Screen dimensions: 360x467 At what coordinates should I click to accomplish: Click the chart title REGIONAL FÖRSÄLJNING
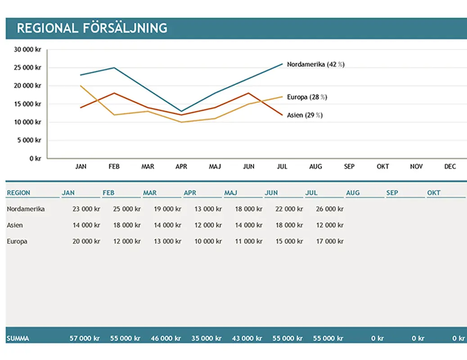[x=92, y=28]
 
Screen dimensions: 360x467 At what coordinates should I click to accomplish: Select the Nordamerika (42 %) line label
[x=315, y=64]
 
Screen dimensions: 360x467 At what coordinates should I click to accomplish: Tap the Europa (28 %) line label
[x=307, y=97]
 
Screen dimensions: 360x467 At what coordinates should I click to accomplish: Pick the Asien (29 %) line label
[x=305, y=115]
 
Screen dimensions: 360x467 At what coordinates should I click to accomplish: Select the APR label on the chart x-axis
[x=181, y=166]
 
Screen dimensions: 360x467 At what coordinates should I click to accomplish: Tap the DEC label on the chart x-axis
[x=450, y=166]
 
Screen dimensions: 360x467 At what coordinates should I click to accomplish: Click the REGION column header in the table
[x=18, y=193]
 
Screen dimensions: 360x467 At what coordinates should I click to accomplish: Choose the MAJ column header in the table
[x=231, y=193]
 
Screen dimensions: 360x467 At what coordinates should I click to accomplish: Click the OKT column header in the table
[x=434, y=193]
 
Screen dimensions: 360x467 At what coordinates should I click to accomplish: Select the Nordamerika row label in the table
[x=26, y=209]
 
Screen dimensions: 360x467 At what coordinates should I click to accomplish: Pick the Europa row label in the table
[x=17, y=241]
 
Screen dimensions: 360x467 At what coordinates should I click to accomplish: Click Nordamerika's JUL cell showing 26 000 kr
[x=330, y=209]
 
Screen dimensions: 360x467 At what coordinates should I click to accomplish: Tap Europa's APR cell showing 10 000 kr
[x=208, y=241]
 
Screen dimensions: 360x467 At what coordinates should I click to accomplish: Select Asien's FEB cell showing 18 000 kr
[x=127, y=225]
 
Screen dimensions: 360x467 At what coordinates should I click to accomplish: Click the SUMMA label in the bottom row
[x=18, y=338]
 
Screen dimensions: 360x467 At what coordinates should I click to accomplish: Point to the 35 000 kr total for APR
[x=208, y=338]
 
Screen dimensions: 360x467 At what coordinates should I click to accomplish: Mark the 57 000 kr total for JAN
[x=85, y=338]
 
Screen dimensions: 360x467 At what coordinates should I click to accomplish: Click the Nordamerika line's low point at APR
[x=181, y=111]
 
